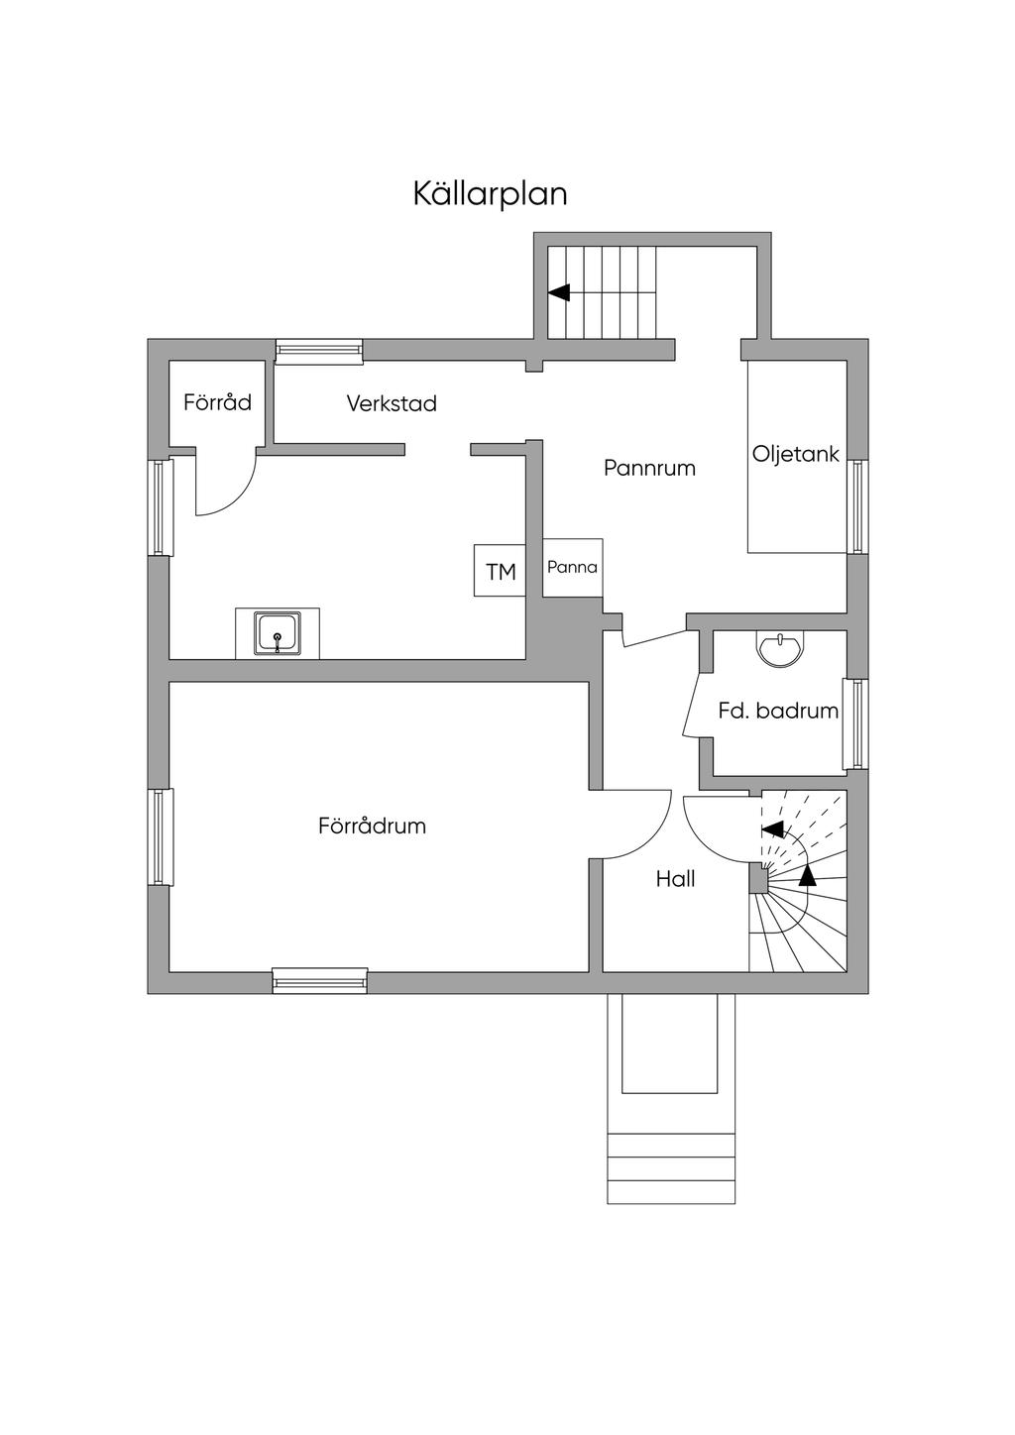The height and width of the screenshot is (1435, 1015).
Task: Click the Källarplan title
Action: [491, 193]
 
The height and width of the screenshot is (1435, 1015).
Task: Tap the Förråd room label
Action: [217, 402]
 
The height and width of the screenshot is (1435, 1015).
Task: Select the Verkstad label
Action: [392, 403]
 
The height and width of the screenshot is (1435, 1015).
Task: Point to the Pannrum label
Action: [649, 468]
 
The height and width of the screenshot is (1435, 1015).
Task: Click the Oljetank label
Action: [795, 454]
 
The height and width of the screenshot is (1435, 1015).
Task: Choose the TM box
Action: [500, 570]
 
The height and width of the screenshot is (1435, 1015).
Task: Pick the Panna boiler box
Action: [572, 567]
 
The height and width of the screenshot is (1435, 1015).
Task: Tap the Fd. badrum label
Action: [778, 711]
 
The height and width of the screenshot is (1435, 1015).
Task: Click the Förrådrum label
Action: [372, 826]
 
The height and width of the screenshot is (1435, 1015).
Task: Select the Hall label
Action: [675, 879]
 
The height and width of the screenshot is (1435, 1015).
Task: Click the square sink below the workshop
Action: [277, 633]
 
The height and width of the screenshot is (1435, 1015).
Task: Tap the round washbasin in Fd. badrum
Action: [779, 649]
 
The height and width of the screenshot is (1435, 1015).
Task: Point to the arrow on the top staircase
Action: [603, 292]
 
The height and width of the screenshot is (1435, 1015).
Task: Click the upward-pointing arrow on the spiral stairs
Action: [808, 875]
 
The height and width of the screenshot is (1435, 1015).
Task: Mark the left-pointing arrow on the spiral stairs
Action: [772, 828]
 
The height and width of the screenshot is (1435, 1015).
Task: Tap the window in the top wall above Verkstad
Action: [319, 351]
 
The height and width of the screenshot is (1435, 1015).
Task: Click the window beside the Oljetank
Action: [857, 506]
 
